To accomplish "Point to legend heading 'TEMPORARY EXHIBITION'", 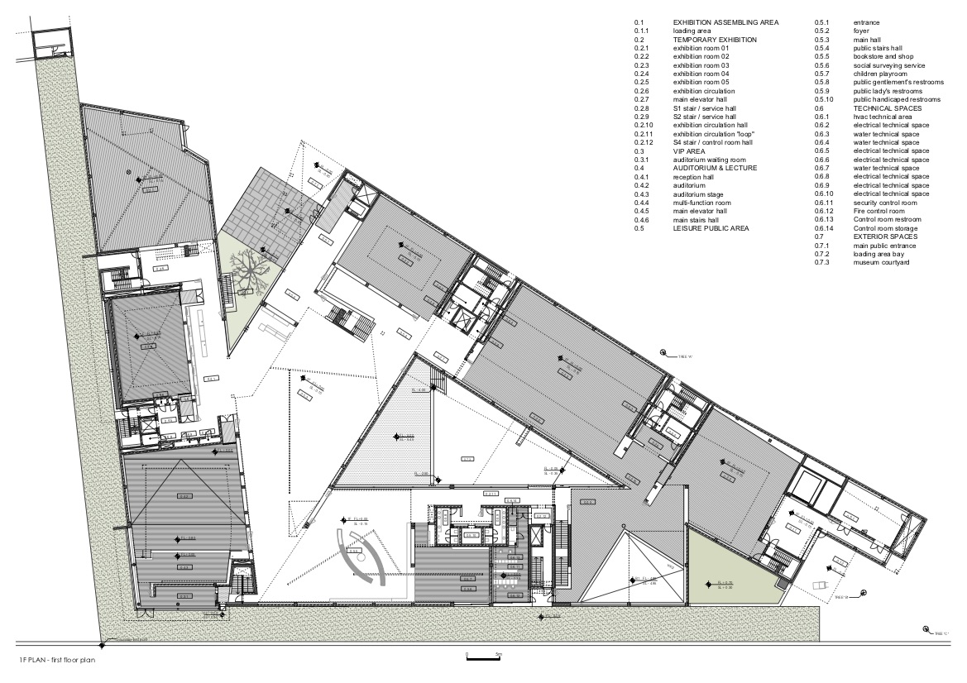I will [715, 39].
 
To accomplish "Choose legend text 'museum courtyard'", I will [881, 263].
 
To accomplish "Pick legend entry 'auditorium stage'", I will [701, 194].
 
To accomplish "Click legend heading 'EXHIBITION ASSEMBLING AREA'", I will [726, 21].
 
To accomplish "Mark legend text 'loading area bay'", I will [880, 254].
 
